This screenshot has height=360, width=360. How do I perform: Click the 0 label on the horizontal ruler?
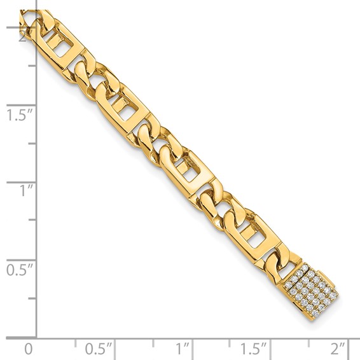(27, 349)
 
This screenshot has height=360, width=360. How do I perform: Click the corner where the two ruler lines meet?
(36, 338)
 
